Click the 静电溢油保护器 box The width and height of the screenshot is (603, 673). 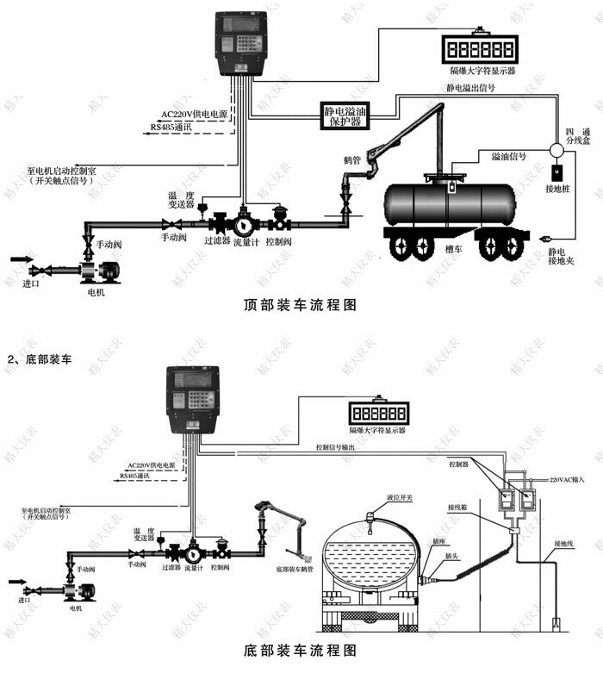[x=342, y=114]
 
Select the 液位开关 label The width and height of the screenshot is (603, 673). [x=376, y=497]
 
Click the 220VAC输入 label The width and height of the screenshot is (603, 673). [x=565, y=477]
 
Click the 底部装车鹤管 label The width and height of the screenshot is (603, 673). [x=297, y=570]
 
